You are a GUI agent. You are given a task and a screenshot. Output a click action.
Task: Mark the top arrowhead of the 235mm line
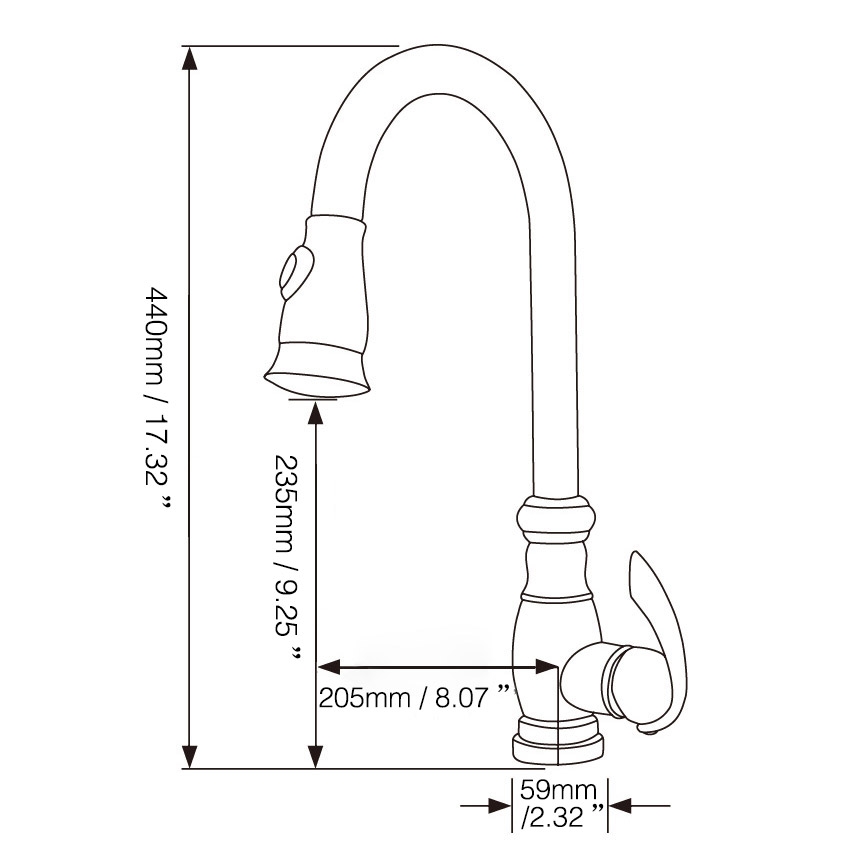316,411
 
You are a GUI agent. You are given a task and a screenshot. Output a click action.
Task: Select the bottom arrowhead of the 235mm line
316,756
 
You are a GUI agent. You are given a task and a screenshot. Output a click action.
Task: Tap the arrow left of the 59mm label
499,805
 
